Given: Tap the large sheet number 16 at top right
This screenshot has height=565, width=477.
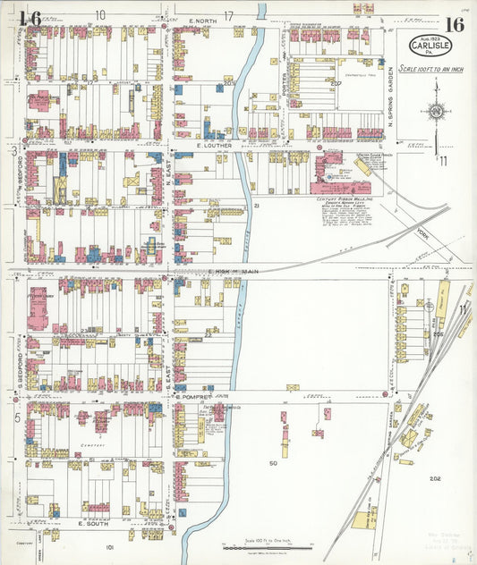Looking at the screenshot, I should coord(452,24).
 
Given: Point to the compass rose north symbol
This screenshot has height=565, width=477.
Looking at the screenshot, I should coord(435,112).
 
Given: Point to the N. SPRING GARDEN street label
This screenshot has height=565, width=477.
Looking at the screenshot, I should coord(391,96).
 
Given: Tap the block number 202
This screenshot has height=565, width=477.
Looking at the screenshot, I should coord(435,479).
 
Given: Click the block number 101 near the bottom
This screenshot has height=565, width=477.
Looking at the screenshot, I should coord(109,546).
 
